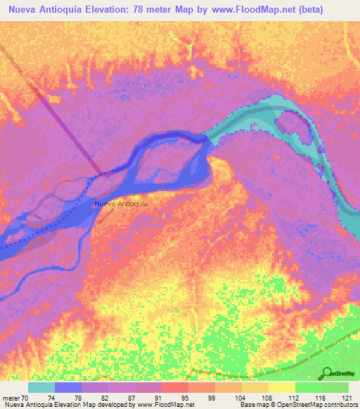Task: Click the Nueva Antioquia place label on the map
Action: coord(121,204)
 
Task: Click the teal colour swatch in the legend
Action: coord(41,387)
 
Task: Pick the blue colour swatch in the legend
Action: coord(68,387)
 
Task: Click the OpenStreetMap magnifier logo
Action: coord(327,373)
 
